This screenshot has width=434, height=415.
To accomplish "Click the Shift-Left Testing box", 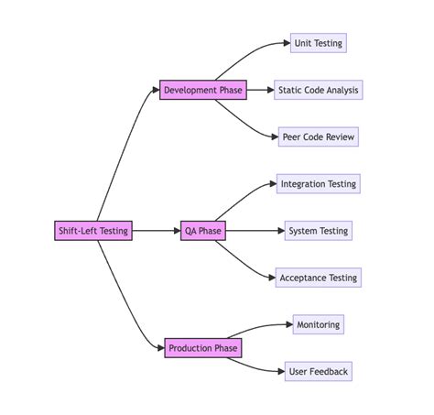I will [93, 231].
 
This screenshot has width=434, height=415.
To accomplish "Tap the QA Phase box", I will [202, 231].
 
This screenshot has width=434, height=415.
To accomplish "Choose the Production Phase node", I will [203, 348].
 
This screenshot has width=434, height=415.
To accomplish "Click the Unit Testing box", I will [319, 43].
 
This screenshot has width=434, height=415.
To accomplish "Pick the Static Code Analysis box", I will [319, 90].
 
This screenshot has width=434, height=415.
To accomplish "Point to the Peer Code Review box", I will [318, 137].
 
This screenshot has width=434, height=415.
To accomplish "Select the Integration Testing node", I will [319, 184].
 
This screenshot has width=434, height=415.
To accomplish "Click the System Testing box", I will [319, 231].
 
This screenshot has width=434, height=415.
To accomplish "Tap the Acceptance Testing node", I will [319, 278].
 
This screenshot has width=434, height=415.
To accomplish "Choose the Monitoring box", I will [319, 324].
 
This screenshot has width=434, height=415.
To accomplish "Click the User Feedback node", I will [319, 371].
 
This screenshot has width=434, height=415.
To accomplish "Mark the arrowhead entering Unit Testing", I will [286, 43].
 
